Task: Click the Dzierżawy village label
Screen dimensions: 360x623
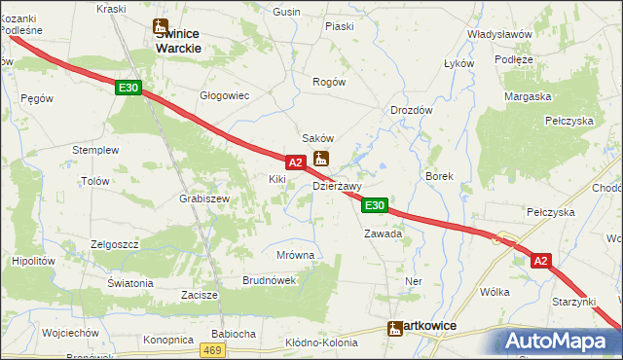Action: tap(337, 186)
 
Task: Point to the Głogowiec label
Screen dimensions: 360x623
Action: tap(225, 95)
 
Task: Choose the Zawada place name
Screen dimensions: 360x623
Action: tap(383, 234)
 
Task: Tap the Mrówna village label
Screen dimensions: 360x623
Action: tap(295, 255)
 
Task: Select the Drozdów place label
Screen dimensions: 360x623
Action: tap(411, 110)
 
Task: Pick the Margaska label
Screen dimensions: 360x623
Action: tap(528, 96)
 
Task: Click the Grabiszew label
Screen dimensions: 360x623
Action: tap(203, 198)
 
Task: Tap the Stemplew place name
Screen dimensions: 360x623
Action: tap(95, 150)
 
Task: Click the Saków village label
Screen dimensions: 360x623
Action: tap(318, 139)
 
